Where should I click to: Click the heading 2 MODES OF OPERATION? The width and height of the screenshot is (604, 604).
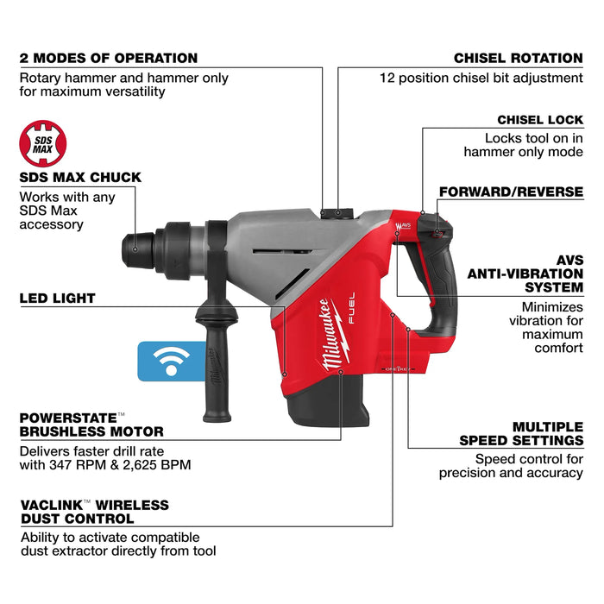tap(109, 59)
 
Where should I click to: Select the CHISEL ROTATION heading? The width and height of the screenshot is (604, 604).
tap(518, 59)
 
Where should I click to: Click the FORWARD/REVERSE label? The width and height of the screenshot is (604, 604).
tap(511, 192)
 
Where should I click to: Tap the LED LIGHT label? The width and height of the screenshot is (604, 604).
tap(58, 299)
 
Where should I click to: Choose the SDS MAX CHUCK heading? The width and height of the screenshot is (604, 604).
tap(80, 178)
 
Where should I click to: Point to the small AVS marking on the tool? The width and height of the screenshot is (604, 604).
tap(402, 229)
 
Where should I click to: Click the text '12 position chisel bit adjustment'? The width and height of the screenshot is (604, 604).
tap(481, 78)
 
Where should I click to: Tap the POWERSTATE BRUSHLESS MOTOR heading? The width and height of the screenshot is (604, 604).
tap(91, 425)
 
